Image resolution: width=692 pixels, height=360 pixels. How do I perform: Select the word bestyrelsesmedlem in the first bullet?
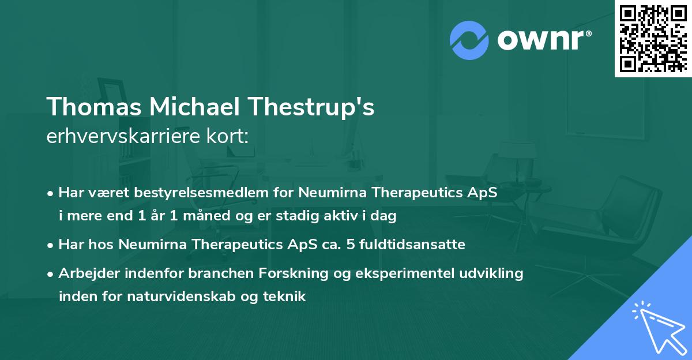[175, 193]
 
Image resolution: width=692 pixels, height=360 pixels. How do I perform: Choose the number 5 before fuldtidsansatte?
[351, 245]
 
